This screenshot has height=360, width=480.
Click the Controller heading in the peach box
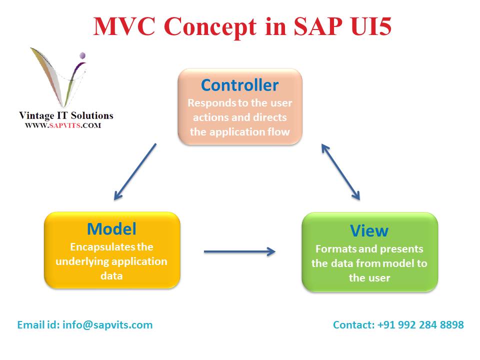tap(239, 85)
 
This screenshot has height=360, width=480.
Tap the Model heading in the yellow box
tap(111, 229)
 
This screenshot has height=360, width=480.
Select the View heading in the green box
tap(369, 231)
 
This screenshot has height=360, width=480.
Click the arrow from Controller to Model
tap(135, 171)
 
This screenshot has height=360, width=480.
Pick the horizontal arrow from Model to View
tap(239, 251)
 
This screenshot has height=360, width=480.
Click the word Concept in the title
tap(210, 27)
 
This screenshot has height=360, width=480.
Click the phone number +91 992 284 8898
tap(420, 325)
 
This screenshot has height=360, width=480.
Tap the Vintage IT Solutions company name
tap(66, 115)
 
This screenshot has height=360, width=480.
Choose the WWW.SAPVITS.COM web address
tap(63, 125)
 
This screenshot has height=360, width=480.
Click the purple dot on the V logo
tap(82, 55)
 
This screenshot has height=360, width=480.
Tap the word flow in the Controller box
tap(278, 131)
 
